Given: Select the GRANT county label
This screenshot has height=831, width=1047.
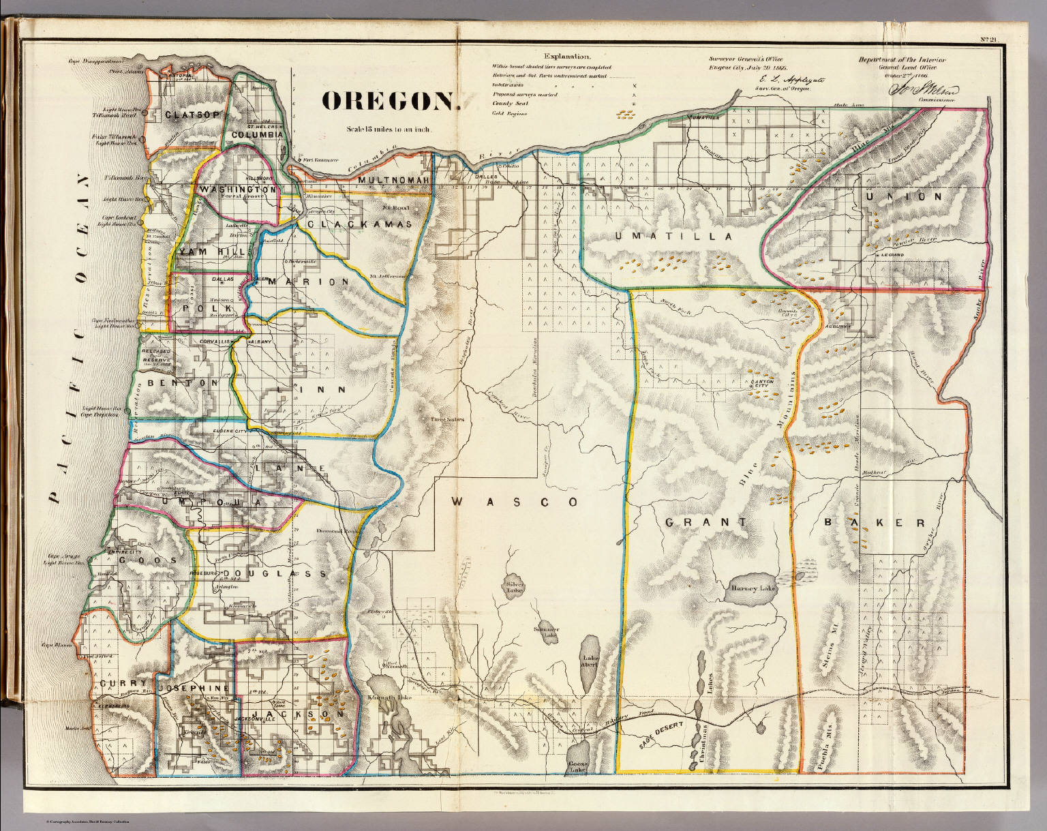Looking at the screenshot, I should tap(705, 522).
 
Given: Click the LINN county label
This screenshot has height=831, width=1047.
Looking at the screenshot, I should tap(316, 390).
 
